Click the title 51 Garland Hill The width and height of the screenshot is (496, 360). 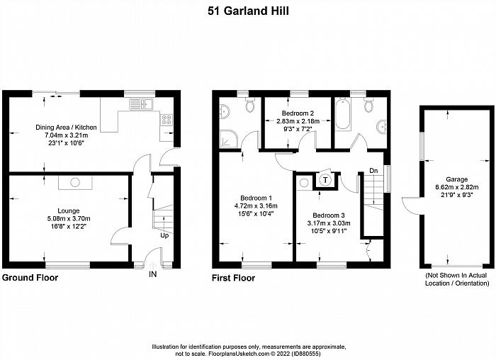click(x=248, y=11)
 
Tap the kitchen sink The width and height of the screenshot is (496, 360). click(x=141, y=104)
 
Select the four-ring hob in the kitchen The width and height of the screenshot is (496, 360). click(x=167, y=120)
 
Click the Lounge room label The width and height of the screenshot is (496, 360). click(x=68, y=210)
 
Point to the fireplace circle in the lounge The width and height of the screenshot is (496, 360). click(x=75, y=183)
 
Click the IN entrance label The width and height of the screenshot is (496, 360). click(x=153, y=274)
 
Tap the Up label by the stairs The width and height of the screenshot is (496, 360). click(x=164, y=236)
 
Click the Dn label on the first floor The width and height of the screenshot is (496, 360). click(x=373, y=171)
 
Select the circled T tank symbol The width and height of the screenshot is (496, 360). click(x=325, y=180)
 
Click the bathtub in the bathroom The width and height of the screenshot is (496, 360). click(x=343, y=114)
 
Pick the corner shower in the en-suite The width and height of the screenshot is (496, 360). click(x=227, y=138)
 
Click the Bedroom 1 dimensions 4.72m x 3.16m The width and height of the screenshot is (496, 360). click(x=256, y=206)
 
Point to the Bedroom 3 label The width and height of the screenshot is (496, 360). click(x=329, y=215)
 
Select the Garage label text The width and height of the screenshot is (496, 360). click(x=457, y=179)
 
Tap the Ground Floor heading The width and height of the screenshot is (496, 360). click(x=30, y=278)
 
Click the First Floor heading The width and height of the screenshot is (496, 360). click(x=233, y=278)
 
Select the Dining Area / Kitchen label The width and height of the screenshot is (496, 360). click(x=66, y=128)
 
